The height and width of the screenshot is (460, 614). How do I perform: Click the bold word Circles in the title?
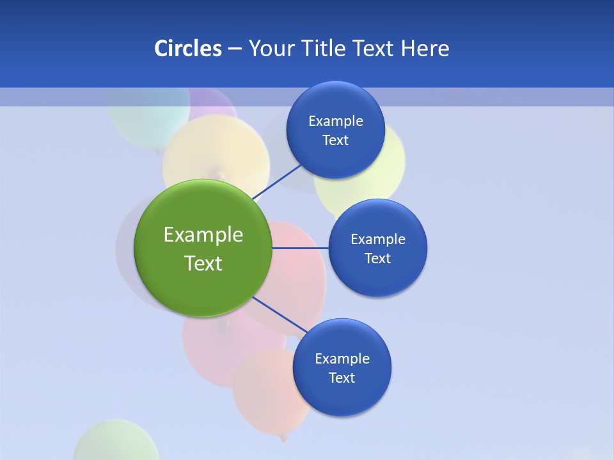pos(187,49)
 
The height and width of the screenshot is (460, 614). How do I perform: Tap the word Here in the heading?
pos(425,49)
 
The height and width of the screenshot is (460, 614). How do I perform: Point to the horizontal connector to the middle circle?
pos(301,248)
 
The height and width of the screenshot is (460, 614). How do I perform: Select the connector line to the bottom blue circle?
pos(279,315)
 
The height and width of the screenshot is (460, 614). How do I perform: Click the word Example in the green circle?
pos(203,234)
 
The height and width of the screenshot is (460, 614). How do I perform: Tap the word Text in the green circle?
pos(203,263)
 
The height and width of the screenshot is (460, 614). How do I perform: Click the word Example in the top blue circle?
pos(335,121)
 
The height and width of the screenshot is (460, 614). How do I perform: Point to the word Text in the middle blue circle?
pos(377,258)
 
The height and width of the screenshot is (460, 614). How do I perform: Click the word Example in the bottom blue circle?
pos(342,358)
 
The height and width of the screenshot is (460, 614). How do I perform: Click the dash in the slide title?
pos(234,49)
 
